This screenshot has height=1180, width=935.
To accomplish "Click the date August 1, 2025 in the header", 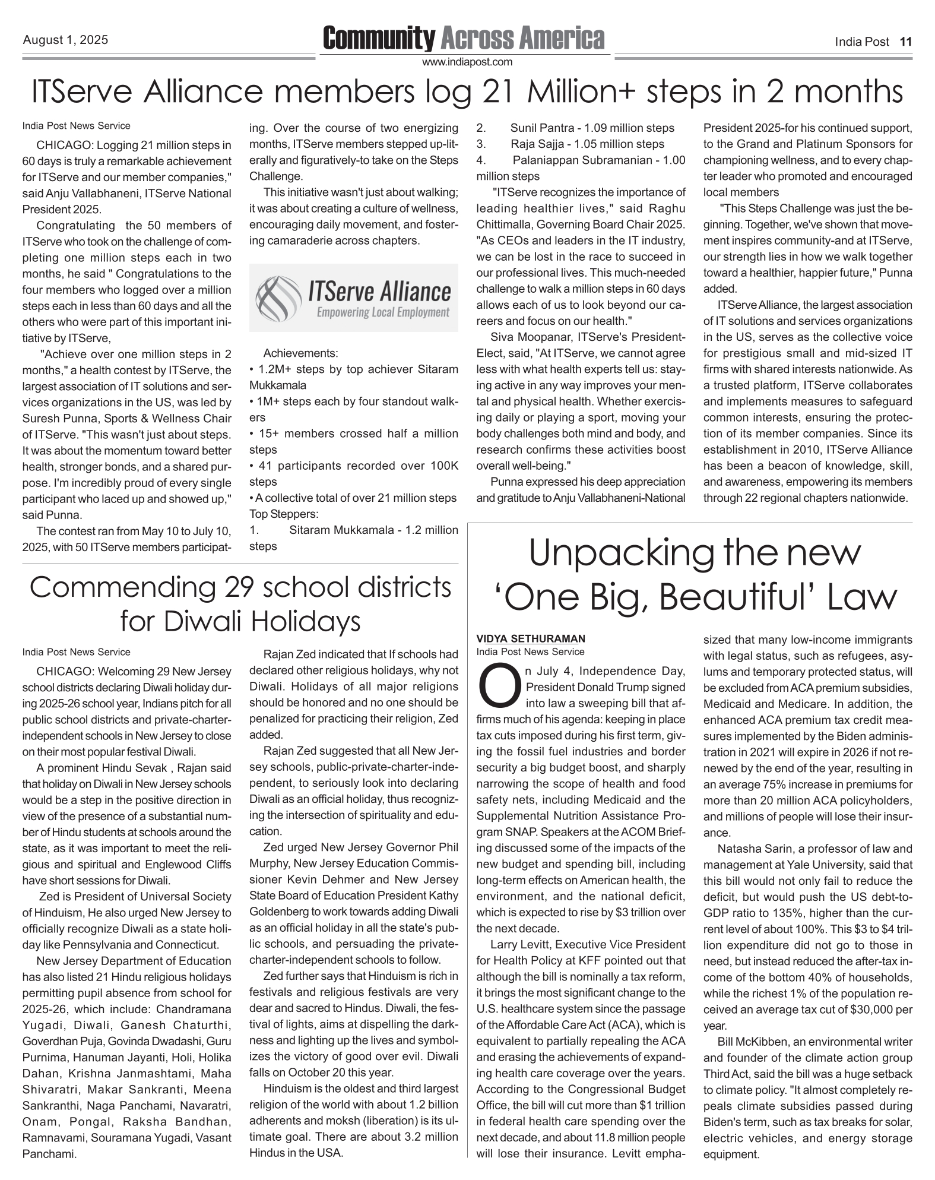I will [65, 40].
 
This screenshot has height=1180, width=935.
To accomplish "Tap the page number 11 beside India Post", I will [905, 42].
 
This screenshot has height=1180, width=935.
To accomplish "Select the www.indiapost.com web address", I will [467, 62].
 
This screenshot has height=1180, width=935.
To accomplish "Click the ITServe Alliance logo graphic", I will [353, 298].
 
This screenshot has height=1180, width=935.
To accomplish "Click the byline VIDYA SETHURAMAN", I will [530, 639].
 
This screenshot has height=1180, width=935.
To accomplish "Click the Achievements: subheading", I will [300, 353].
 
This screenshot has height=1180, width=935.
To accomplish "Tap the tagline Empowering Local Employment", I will [383, 312].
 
